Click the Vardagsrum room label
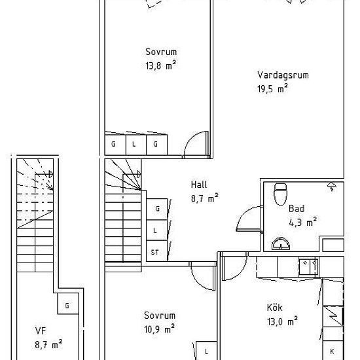(283, 75)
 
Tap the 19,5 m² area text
(272, 88)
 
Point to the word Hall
(199, 185)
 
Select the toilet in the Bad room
(280, 194)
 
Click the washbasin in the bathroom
(281, 244)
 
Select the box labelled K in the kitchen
(333, 350)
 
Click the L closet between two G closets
(136, 145)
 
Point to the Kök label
(275, 308)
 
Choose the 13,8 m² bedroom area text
(161, 65)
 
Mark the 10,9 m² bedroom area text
(159, 329)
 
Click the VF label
(41, 331)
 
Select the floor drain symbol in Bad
(332, 187)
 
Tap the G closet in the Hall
(157, 209)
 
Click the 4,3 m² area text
(302, 223)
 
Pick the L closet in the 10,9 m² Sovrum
(206, 351)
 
